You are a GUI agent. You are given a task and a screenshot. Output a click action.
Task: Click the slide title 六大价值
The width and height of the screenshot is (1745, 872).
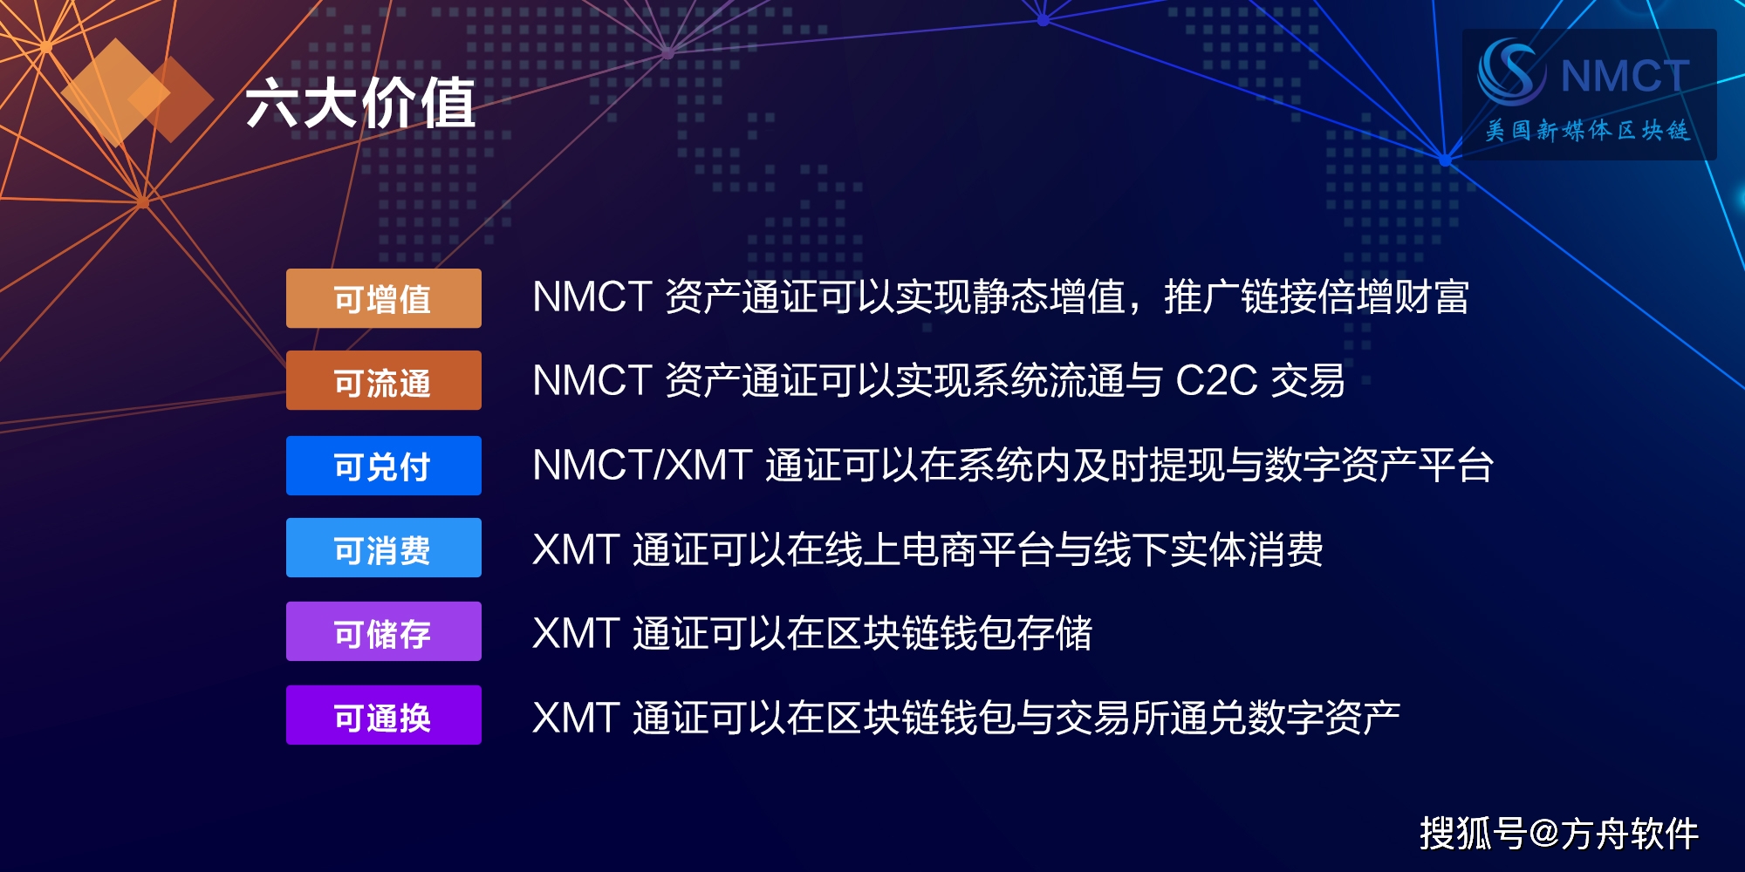pyautogui.click(x=360, y=103)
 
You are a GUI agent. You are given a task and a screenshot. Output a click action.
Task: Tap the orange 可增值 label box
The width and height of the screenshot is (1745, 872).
pyautogui.click(x=384, y=298)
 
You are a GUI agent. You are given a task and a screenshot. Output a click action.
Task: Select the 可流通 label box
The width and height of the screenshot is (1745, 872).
pyautogui.click(x=384, y=381)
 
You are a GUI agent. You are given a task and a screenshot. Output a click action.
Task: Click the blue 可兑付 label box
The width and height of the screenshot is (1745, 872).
pyautogui.click(x=384, y=466)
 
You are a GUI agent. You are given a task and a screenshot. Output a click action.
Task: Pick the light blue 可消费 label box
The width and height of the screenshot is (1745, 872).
pyautogui.click(x=384, y=548)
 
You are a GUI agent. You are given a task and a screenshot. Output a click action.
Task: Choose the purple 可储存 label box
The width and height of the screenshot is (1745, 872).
pyautogui.click(x=384, y=632)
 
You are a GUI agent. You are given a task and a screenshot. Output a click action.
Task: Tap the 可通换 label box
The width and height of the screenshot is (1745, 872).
pyautogui.click(x=384, y=716)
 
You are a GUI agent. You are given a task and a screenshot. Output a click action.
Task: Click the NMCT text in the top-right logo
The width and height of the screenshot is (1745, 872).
pyautogui.click(x=1625, y=76)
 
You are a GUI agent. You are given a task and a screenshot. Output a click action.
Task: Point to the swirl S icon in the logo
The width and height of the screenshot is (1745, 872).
pyautogui.click(x=1509, y=72)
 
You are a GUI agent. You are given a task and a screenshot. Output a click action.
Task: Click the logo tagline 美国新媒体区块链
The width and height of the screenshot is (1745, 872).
pyautogui.click(x=1588, y=131)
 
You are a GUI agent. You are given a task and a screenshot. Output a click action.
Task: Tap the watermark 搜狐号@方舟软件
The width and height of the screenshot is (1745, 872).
pyautogui.click(x=1558, y=834)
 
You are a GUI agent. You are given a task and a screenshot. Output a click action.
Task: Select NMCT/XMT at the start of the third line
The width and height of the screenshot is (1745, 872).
pyautogui.click(x=642, y=465)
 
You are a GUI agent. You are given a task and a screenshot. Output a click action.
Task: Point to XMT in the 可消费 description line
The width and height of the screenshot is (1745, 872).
pyautogui.click(x=576, y=549)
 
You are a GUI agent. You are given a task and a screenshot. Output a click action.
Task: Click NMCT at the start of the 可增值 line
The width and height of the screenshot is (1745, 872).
pyautogui.click(x=592, y=296)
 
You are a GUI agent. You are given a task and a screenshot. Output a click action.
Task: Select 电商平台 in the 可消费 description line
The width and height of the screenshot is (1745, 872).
pyautogui.click(x=976, y=549)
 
